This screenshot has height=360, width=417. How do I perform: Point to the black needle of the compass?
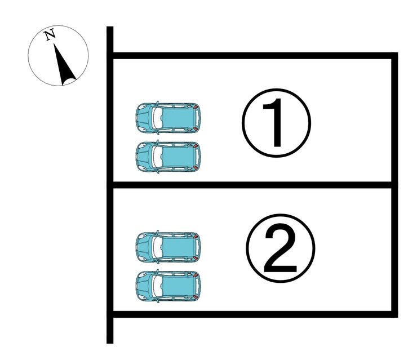tap(64, 66)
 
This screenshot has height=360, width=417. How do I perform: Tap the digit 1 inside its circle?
tap(276, 122)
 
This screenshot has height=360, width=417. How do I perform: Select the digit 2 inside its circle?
tap(280, 251)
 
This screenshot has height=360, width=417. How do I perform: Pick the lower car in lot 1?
tap(168, 156)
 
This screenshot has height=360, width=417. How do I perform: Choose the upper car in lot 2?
tap(168, 247)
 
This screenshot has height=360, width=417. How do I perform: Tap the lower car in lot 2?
tap(168, 285)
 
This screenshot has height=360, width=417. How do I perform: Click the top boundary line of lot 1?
tap(254, 56)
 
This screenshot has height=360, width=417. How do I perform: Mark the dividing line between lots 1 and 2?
tap(254, 185)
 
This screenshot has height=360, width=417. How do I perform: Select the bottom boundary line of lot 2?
tap(254, 313)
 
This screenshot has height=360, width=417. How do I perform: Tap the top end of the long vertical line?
tap(110, 29)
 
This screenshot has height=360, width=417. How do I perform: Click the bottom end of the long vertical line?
tap(110, 340)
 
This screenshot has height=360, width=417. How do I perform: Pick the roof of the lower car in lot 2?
tap(178, 285)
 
